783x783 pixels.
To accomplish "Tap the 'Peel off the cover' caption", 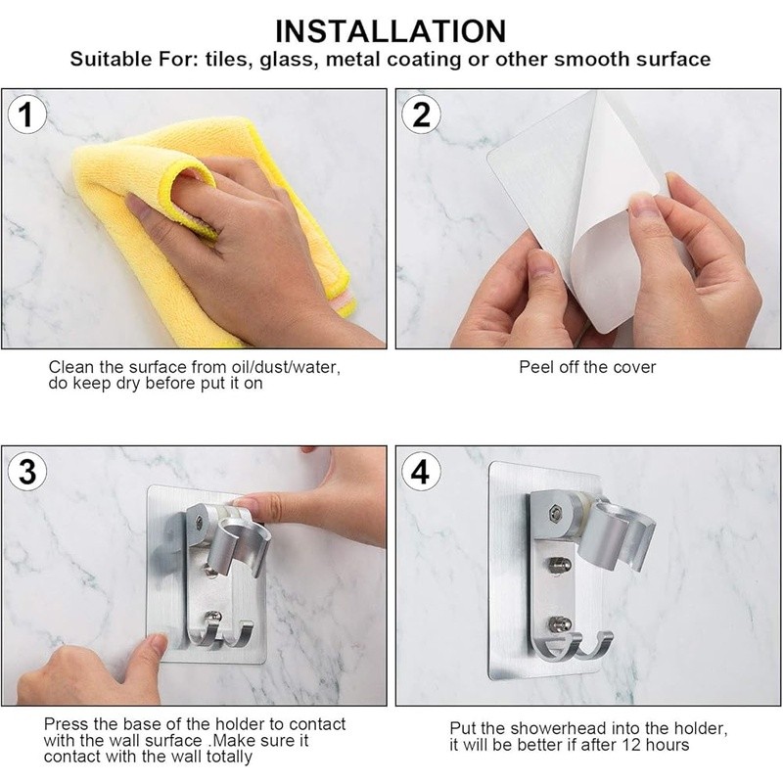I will click(x=587, y=367).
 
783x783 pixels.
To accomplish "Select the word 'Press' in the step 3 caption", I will click(x=66, y=723).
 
